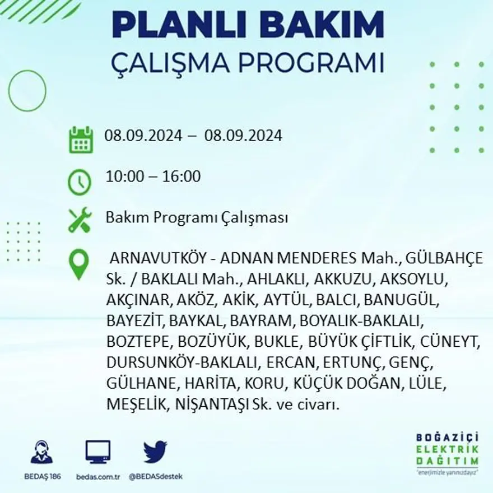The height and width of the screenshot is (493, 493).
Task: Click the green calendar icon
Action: click(x=81, y=139)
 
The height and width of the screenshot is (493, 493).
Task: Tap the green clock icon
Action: click(x=79, y=182)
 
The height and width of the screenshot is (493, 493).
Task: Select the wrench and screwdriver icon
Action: click(x=79, y=220)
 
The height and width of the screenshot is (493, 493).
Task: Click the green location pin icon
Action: click(x=78, y=264)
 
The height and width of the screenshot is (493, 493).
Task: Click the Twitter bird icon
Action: click(x=155, y=452)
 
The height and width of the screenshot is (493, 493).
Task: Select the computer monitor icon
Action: click(x=97, y=452)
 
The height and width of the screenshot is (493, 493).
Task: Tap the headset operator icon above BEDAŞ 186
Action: click(x=41, y=452)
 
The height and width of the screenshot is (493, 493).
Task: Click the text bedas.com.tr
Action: click(x=97, y=476)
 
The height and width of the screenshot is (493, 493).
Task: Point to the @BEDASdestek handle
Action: click(x=156, y=476)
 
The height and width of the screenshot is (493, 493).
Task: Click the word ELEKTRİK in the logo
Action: click(x=447, y=449)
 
